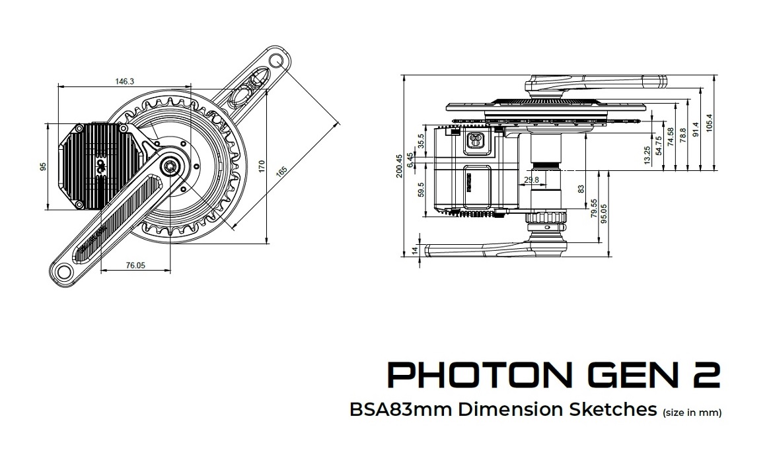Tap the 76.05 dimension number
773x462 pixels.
135,265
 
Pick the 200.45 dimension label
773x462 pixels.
398,167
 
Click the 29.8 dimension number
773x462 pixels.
531,179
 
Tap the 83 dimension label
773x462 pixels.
581,189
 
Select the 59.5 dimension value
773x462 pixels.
421,192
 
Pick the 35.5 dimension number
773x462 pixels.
421,141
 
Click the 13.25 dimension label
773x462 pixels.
647,154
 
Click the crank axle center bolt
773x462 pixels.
170,165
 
